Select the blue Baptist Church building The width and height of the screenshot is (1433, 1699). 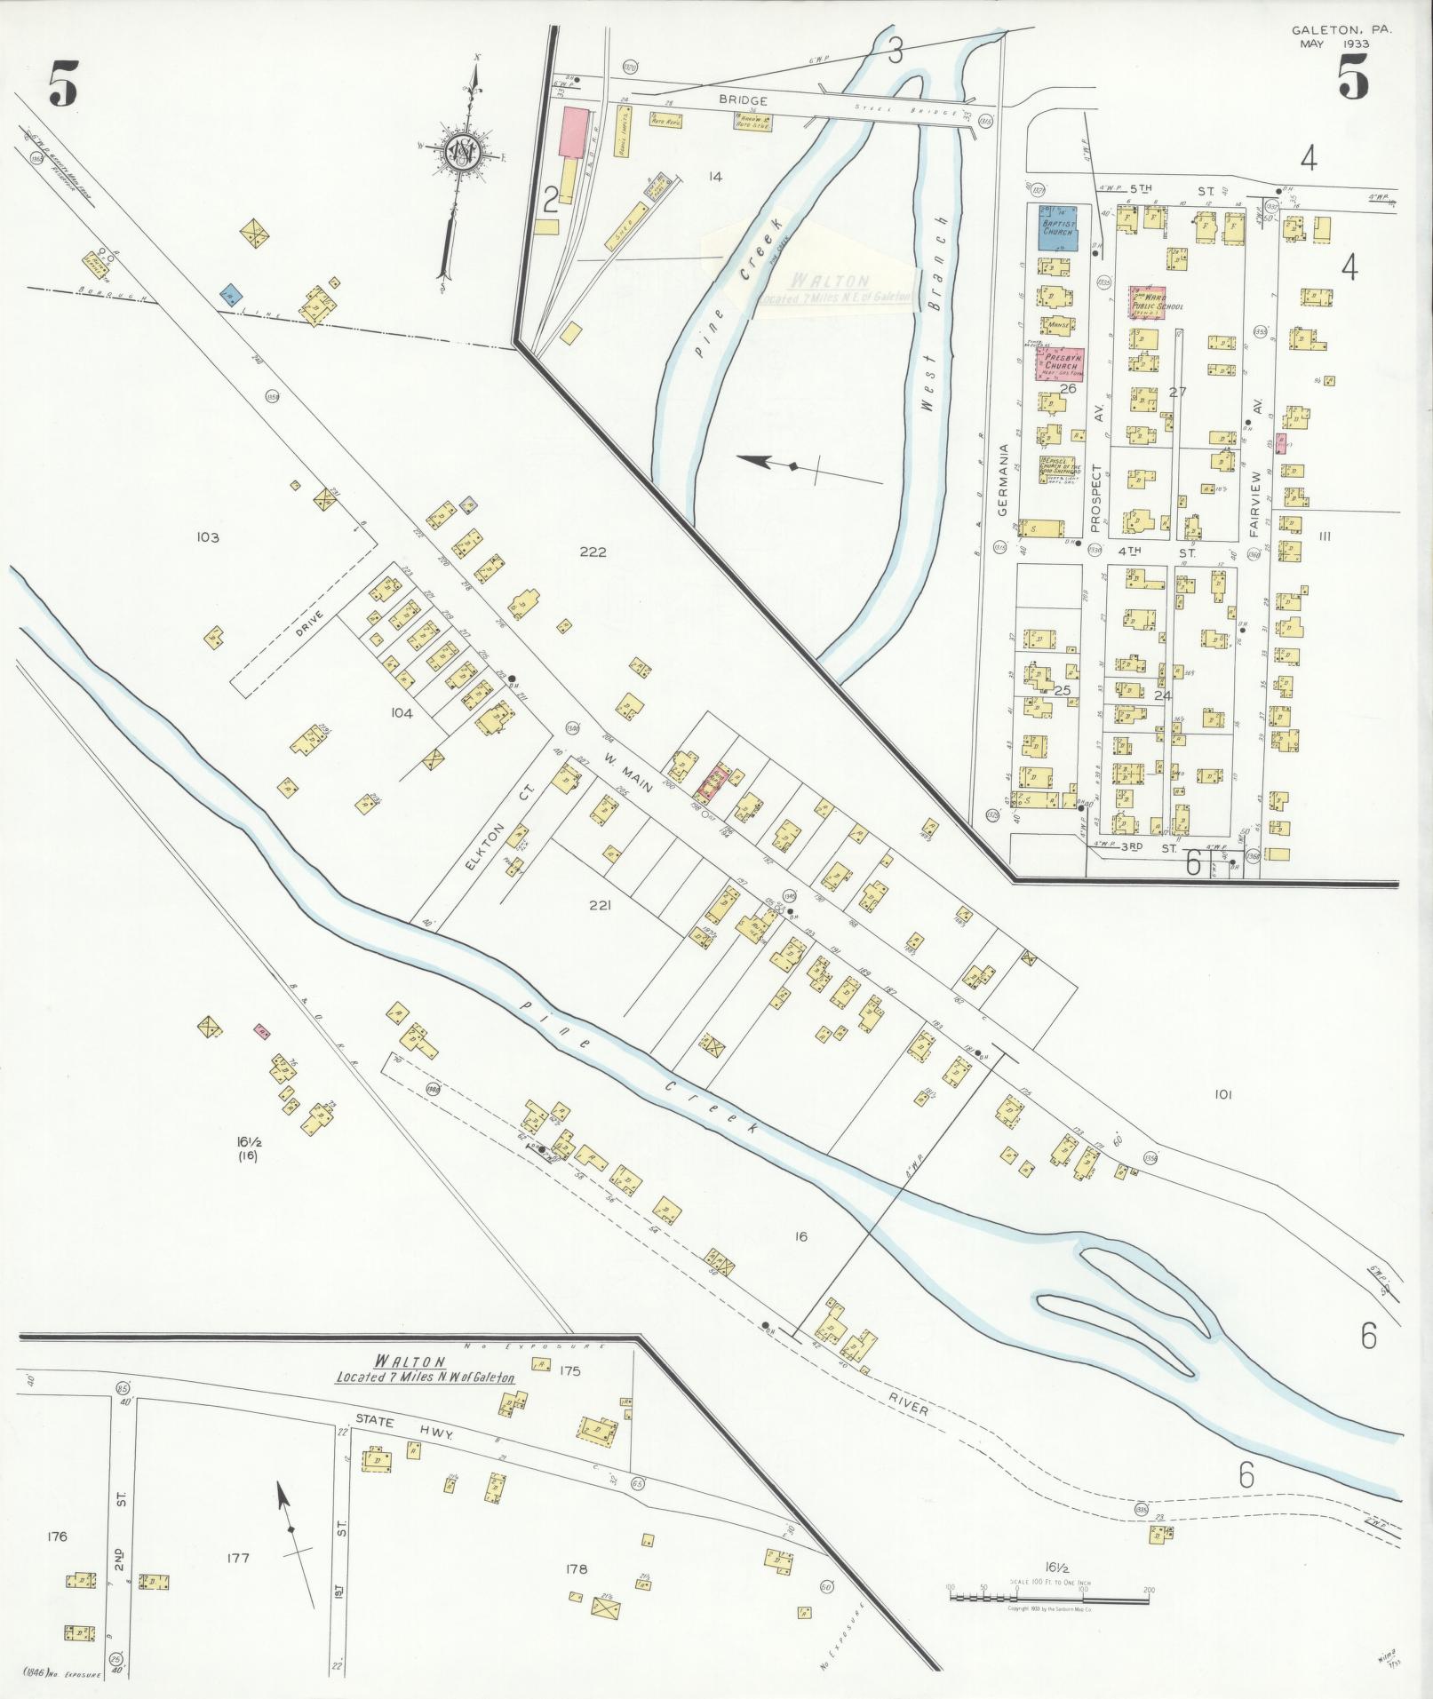coord(1058,227)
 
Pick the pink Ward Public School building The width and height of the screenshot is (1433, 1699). coord(1147,302)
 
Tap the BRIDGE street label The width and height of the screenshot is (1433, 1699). coord(744,101)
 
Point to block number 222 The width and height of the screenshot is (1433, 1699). coord(593,552)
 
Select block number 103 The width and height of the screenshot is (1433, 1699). coord(208,536)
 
